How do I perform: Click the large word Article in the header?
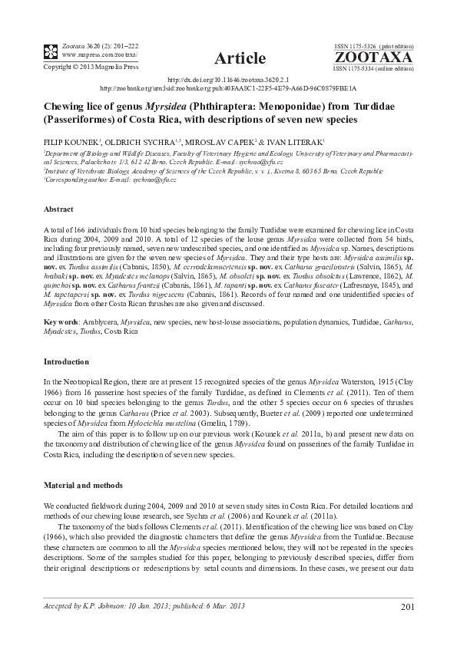[240, 58]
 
